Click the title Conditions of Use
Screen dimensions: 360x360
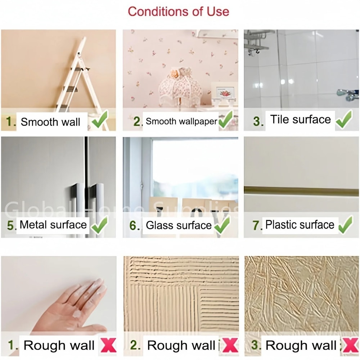178,11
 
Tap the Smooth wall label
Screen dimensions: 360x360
50,122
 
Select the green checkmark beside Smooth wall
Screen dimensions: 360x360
100,121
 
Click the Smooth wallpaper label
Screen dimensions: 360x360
181,121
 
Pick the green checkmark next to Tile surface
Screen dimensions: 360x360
344,120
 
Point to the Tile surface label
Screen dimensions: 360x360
301,120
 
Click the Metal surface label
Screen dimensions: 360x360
53,225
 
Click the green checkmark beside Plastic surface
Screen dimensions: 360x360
345,225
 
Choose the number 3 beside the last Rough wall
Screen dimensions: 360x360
255,345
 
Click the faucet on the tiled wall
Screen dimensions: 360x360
347,94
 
